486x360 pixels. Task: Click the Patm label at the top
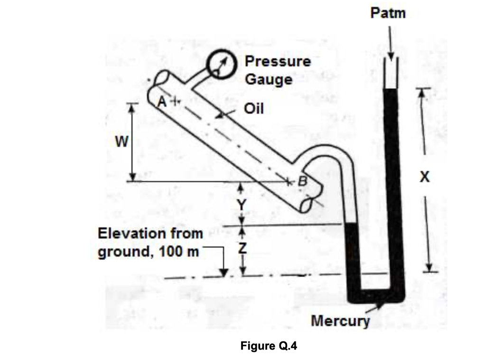pos(388,13)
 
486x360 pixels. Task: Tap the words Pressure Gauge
pos(278,70)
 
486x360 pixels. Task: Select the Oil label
pos(254,109)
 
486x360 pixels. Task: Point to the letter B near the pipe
pos(302,180)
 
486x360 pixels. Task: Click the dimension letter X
pos(425,178)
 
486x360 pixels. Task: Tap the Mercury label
pos(340,321)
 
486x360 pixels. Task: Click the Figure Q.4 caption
pos(269,345)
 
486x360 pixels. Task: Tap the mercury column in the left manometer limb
pos(352,256)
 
